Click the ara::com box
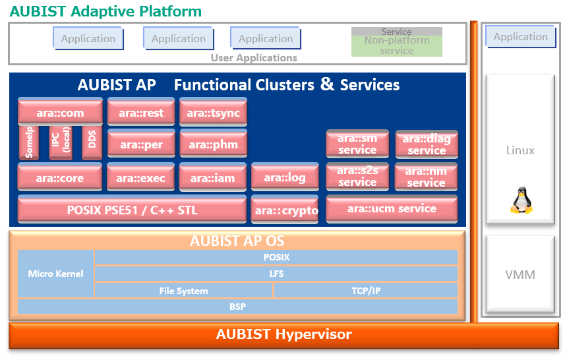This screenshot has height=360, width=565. click(x=60, y=113)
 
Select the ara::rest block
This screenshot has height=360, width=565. click(x=141, y=113)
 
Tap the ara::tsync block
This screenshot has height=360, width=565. click(x=213, y=113)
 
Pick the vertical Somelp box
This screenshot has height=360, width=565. click(x=29, y=142)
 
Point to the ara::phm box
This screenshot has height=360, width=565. click(x=213, y=144)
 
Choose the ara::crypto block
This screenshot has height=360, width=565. click(x=285, y=210)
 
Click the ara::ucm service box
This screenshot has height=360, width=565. click(x=392, y=209)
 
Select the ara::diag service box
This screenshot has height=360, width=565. click(x=427, y=144)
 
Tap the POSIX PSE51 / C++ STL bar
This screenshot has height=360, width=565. click(x=132, y=210)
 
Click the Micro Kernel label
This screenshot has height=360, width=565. click(x=55, y=273)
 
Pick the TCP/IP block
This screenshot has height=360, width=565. click(x=365, y=290)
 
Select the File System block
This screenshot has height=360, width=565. click(x=183, y=290)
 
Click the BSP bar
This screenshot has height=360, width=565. click(x=237, y=307)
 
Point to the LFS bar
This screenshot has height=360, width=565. click(x=276, y=274)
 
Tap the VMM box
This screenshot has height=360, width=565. click(x=520, y=274)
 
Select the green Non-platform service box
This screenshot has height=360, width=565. click(x=396, y=45)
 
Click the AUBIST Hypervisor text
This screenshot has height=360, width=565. click(x=283, y=334)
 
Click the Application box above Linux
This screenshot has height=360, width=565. click(x=520, y=37)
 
